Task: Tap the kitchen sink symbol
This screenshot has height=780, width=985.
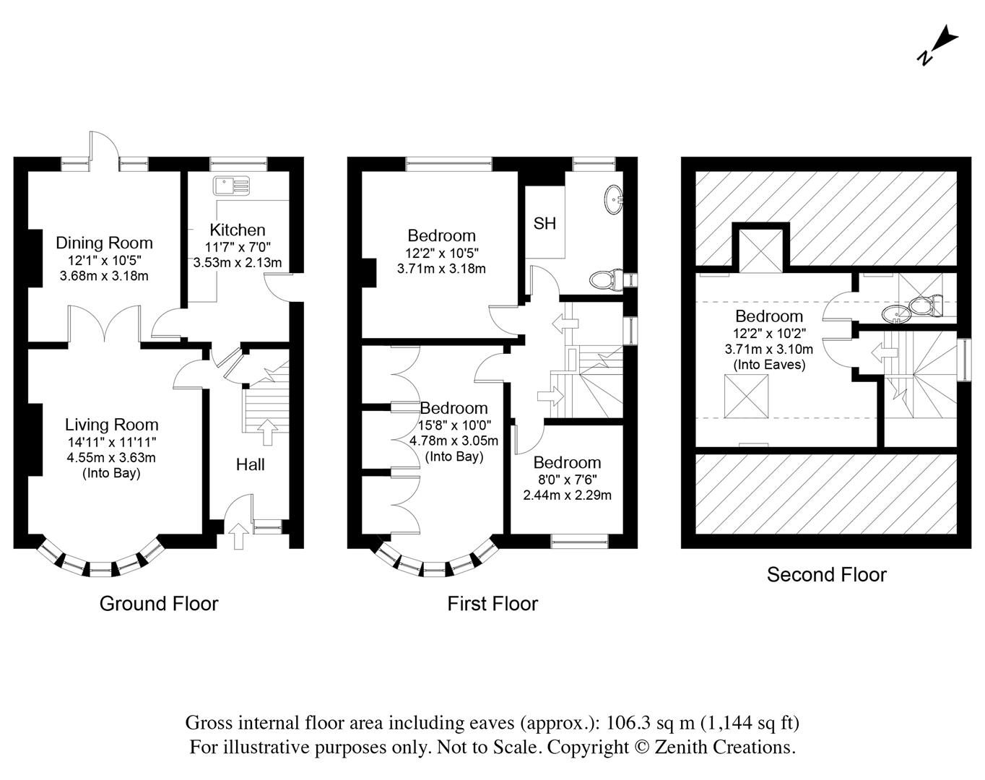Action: point(232,186)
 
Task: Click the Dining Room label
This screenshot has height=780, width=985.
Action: point(105,243)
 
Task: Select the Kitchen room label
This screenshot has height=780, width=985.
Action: point(238,230)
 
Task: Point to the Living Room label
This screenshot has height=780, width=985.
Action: point(112,425)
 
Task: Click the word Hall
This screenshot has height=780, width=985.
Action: point(251,464)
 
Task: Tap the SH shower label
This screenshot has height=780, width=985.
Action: point(544,223)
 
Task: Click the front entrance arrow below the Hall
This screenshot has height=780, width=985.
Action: point(239,536)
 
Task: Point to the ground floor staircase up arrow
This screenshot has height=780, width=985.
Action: point(268,433)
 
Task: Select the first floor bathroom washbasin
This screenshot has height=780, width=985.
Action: point(613,199)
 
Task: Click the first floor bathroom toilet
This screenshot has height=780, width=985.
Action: point(606,279)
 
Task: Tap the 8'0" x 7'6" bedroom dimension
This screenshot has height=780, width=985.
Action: point(568,480)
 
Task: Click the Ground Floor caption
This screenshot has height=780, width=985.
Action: point(159,604)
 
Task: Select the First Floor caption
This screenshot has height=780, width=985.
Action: point(492,604)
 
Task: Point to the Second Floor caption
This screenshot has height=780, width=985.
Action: point(827,574)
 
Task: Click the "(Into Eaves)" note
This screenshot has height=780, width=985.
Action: point(769,365)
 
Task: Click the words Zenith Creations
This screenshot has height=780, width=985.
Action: point(725,747)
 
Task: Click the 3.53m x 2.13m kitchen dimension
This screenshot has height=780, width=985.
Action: point(238,263)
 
